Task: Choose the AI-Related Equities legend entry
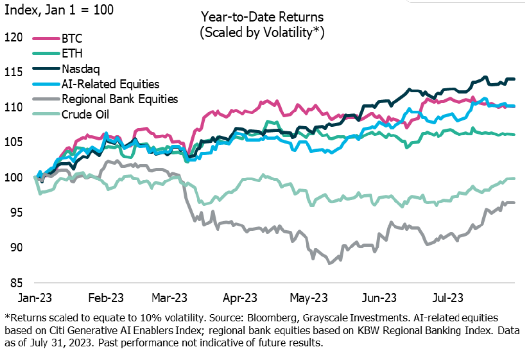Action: tap(110, 84)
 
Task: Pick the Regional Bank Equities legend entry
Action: tap(119, 99)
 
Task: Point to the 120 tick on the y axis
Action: tap(14, 37)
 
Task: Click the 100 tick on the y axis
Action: tap(14, 178)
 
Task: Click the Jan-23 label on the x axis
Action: tap(36, 297)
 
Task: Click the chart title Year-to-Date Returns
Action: tap(262, 17)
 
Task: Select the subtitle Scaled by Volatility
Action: tap(262, 33)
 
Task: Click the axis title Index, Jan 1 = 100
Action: tap(59, 10)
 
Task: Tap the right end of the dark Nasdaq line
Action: tap(514, 79)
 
